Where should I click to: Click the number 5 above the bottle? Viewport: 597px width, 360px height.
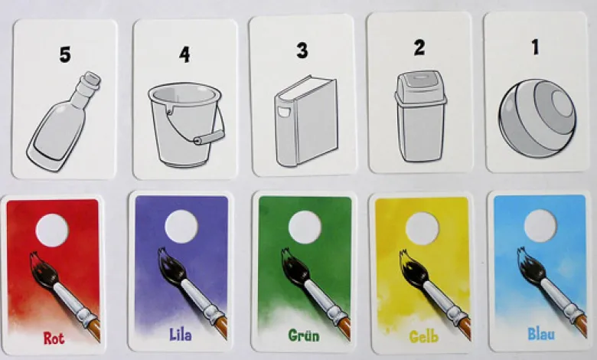(65, 54)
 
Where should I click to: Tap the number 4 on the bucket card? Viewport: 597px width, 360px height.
(184, 54)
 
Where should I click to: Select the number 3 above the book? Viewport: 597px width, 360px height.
(302, 50)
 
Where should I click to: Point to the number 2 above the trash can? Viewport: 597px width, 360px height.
(419, 48)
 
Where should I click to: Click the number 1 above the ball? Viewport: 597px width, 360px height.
(536, 47)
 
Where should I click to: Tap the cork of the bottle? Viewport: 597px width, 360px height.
(92, 79)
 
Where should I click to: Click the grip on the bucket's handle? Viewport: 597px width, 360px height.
(209, 137)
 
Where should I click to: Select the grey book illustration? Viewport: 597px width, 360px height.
(306, 121)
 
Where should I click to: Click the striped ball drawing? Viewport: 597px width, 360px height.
(537, 118)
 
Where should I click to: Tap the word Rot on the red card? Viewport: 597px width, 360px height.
(54, 339)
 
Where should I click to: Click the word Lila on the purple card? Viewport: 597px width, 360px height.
(181, 335)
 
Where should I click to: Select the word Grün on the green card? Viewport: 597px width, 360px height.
(304, 335)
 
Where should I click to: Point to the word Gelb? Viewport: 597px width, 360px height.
(424, 336)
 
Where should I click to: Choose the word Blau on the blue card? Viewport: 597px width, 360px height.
(541, 334)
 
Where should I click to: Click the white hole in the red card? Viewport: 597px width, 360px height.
(52, 230)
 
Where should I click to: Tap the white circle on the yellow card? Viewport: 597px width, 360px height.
(422, 228)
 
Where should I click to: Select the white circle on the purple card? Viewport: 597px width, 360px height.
(181, 226)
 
